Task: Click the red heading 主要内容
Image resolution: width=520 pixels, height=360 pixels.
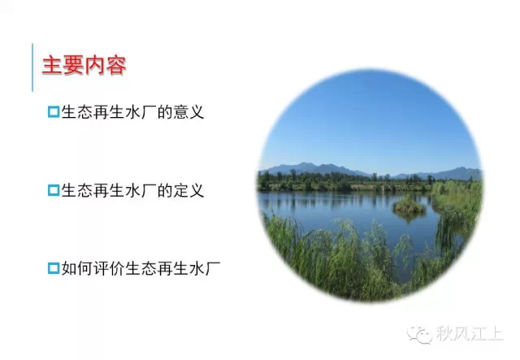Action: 84,65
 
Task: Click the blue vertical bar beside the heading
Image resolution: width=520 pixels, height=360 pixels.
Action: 32,67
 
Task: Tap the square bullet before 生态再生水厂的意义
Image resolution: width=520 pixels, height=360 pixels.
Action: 54,112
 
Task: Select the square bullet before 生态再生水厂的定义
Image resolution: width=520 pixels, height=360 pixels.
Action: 54,190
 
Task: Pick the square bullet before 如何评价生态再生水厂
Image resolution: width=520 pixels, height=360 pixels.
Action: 54,268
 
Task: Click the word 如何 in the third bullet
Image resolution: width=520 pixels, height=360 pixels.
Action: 77,268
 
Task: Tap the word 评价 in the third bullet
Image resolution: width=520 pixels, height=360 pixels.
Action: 109,268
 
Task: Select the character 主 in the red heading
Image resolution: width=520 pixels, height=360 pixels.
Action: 52,65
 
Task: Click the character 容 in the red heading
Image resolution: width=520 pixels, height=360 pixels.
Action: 116,65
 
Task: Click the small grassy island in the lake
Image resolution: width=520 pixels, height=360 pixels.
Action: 409,206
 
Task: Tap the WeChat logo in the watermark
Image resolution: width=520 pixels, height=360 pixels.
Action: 420,334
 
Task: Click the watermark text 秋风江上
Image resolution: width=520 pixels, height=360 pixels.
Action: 470,333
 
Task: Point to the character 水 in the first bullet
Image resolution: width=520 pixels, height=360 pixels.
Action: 132,112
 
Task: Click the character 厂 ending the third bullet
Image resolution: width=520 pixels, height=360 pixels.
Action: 213,268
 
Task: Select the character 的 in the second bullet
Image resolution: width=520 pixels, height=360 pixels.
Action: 164,190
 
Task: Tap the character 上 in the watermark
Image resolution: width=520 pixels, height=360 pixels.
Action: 496,333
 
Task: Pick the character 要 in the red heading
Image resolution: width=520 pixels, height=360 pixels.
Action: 74,65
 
